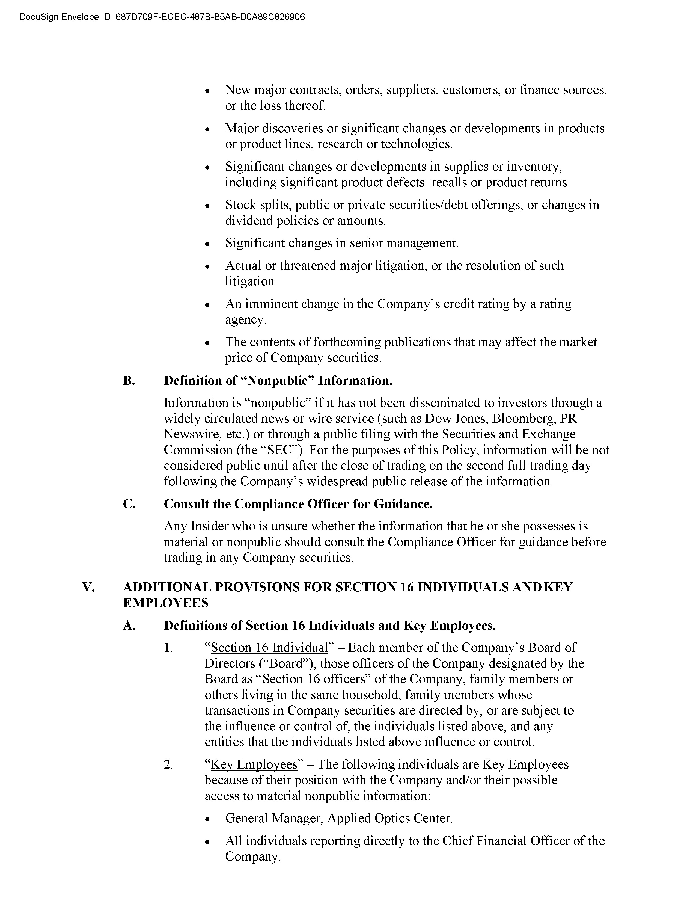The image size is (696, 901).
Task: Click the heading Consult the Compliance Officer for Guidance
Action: (x=298, y=504)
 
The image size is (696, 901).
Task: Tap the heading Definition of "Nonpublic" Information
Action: (x=278, y=380)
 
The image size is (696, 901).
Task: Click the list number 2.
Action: (x=168, y=764)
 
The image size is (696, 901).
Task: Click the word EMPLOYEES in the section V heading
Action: (x=166, y=603)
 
